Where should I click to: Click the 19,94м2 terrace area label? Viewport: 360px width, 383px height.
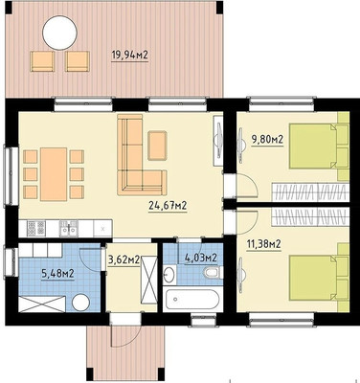pos(129,56)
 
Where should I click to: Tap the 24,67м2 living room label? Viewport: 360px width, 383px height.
pos(168,205)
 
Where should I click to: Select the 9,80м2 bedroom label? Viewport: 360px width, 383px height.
pos(267,139)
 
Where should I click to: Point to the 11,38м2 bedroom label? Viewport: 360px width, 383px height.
pos(263,244)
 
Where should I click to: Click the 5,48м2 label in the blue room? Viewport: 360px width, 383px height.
pos(58,273)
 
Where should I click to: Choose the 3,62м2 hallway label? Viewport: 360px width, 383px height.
pos(124,260)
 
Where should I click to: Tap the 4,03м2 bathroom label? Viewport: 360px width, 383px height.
pos(201,258)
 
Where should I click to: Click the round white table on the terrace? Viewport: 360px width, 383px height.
pos(59,33)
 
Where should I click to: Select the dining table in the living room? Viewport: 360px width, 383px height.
pos(54,174)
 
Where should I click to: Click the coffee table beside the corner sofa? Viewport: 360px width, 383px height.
pos(157,146)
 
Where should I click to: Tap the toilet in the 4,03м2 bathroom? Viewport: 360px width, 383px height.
pos(213,273)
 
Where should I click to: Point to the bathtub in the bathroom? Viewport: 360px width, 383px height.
pos(191,300)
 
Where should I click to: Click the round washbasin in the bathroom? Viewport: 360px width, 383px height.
pos(169,275)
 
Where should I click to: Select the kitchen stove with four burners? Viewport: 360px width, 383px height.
pos(35,228)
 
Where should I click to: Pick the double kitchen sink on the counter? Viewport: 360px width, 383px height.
pos(68,228)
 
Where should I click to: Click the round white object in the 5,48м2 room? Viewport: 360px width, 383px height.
pos(81,303)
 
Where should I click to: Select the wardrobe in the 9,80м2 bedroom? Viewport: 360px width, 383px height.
pos(309,192)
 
